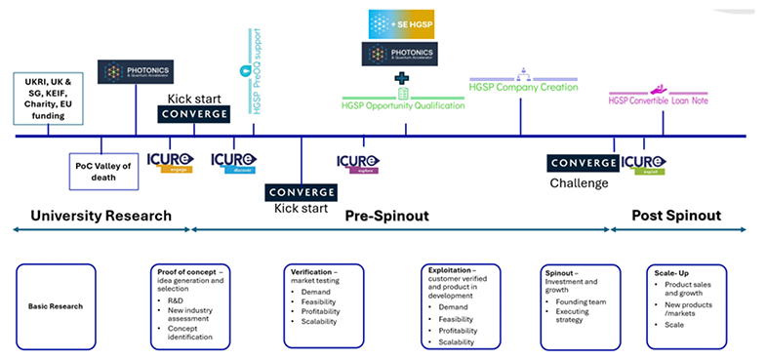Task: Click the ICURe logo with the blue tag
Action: click(x=233, y=162)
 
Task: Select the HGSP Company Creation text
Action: click(x=523, y=87)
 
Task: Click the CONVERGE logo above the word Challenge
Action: click(x=583, y=163)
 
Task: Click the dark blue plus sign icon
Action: click(x=401, y=77)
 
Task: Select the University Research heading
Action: click(x=101, y=216)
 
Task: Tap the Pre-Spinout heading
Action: click(x=387, y=216)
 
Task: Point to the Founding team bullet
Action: click(x=584, y=302)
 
